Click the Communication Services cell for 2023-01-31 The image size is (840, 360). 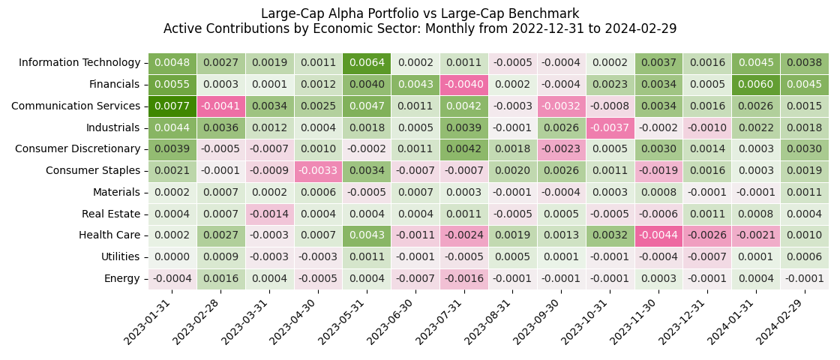[x=172, y=106]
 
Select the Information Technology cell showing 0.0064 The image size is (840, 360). [x=367, y=63]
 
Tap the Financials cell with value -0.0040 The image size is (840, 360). [x=464, y=85]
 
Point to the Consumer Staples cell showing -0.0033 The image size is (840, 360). [x=318, y=171]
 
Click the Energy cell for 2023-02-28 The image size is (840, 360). [x=220, y=279]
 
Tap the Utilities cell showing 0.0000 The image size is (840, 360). [x=172, y=257]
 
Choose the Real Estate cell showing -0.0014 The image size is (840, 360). [x=269, y=214]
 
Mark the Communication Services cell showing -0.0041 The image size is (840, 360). [x=220, y=106]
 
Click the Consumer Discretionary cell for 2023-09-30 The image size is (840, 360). [x=561, y=149]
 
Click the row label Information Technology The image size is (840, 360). [x=79, y=63]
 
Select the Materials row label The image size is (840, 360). [x=116, y=193]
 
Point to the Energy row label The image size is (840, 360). [x=121, y=279]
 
